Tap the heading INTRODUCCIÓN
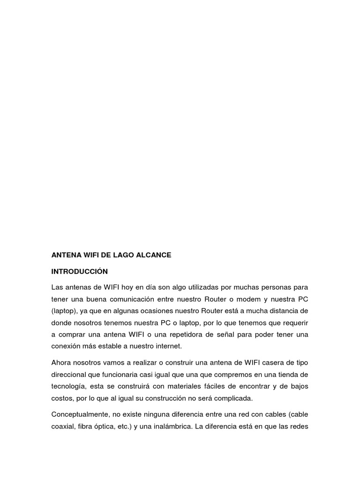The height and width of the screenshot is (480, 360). pos(80,271)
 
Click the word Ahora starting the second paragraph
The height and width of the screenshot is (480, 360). pos(62,363)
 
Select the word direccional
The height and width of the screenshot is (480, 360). pos(68,375)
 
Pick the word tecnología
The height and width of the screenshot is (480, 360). pos(68,387)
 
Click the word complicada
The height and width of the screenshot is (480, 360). pos(231,398)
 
